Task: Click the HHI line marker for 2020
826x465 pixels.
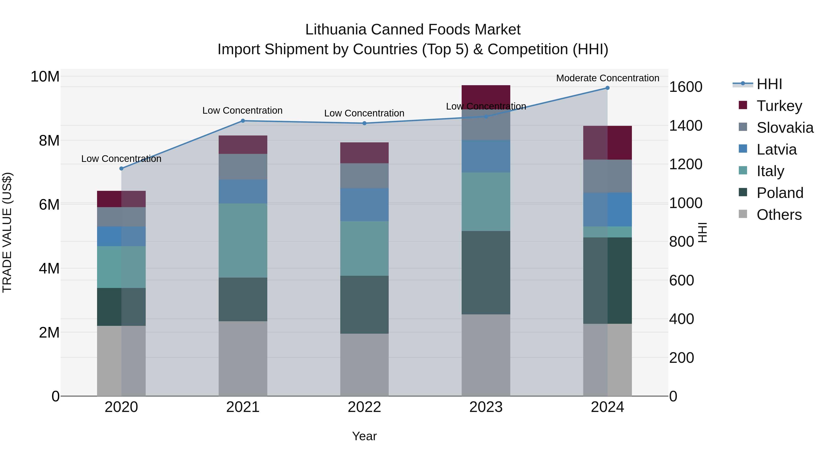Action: [121, 169]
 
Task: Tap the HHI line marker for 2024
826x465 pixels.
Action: [607, 88]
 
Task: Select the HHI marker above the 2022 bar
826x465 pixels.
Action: [364, 123]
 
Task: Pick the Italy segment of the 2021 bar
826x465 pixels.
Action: [243, 240]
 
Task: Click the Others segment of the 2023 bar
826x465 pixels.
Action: [486, 355]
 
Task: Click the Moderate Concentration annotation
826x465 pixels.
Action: [607, 78]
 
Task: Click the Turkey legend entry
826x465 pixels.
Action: [779, 106]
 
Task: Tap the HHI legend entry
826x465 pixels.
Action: [769, 84]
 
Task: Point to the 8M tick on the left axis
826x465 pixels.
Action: [49, 141]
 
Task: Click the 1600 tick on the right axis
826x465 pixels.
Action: [686, 87]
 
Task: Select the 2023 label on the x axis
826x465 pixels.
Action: [486, 407]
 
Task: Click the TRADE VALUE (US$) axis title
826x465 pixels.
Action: [7, 232]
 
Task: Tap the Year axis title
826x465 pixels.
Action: [364, 436]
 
